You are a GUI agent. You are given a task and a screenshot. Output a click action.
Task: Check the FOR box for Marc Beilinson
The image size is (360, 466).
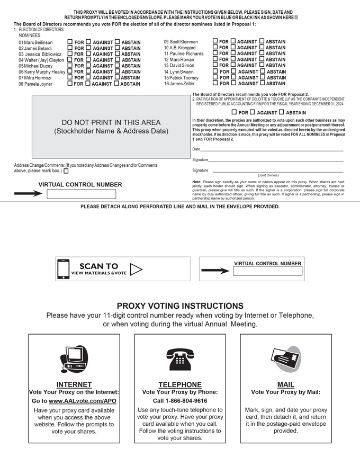pos(70,42)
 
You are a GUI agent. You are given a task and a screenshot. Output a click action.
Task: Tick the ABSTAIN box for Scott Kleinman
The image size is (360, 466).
pos(262,41)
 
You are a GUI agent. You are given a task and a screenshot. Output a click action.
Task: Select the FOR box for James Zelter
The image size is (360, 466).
pos(215,83)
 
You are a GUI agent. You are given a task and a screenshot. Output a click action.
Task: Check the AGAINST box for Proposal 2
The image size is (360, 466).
pos(253,112)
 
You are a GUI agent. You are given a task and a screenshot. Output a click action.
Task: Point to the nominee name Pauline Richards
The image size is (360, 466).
pos(184,53)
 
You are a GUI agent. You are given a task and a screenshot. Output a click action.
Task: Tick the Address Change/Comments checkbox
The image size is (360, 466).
pos(66,171)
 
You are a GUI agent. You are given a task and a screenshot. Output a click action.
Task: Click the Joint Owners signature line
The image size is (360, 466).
pos(278,171)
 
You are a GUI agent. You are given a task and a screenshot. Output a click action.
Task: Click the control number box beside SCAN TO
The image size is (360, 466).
pos(267,271)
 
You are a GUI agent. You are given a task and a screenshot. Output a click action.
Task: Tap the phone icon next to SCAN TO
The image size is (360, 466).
pos(64,269)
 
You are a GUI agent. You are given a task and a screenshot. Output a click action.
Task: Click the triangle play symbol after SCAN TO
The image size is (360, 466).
pos(136,270)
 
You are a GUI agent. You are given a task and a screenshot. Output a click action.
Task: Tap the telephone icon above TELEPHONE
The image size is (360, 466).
pos(179,360)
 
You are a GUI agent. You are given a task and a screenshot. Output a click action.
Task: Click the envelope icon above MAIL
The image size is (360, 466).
pos(285,360)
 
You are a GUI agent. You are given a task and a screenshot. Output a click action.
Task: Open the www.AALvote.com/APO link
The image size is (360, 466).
pos(83,401)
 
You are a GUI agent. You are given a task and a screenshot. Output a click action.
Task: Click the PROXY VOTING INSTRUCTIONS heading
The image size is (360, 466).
pos(180,306)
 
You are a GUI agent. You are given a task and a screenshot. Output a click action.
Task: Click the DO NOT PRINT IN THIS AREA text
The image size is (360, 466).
pos(111,122)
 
